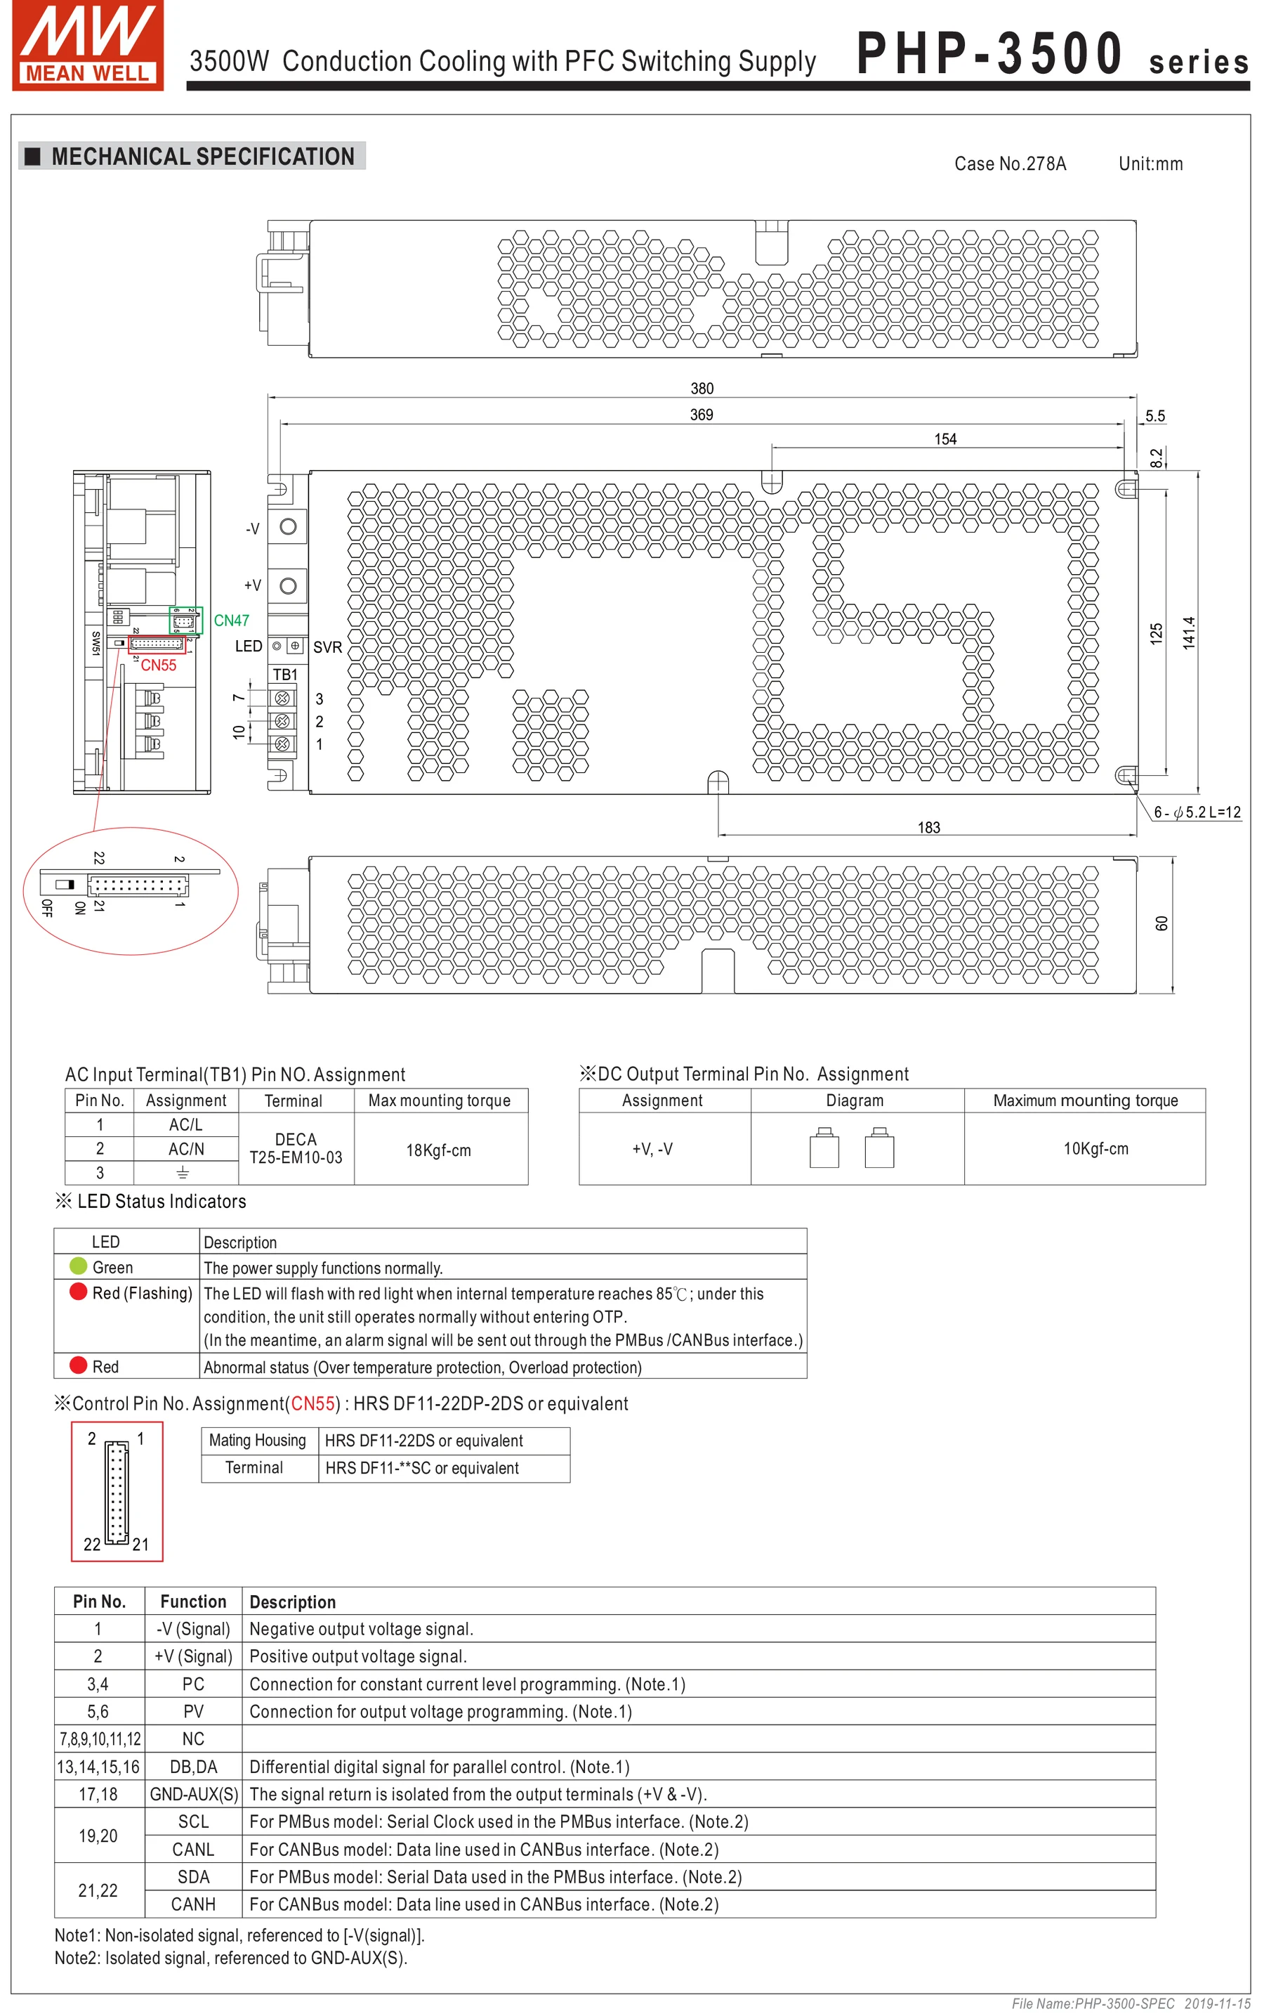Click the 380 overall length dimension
point(702,388)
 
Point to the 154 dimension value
point(944,439)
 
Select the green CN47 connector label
point(232,621)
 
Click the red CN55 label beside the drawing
point(158,665)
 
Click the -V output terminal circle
point(289,526)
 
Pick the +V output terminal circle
point(289,585)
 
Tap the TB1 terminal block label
point(285,674)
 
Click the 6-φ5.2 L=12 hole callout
point(1197,812)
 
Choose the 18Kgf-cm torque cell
point(439,1150)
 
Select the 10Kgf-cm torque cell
point(1095,1148)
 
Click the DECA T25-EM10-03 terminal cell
point(296,1148)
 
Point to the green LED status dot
point(79,1266)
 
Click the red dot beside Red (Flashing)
point(79,1292)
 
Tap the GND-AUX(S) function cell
point(194,1794)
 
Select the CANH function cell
point(193,1904)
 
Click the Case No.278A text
point(1010,164)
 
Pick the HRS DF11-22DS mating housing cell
point(424,1441)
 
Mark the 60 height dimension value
point(1161,923)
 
